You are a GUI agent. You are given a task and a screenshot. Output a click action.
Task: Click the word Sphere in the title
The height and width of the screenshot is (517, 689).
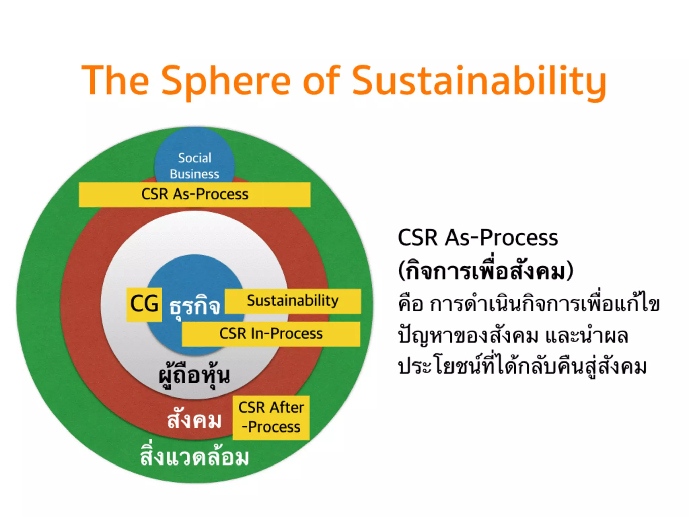(x=226, y=81)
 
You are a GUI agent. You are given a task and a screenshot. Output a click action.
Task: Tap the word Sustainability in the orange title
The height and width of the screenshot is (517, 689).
(x=479, y=81)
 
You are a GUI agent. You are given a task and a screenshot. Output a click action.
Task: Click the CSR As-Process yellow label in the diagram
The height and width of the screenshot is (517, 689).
(x=194, y=195)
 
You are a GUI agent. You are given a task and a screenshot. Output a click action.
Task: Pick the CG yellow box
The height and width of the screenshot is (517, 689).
(x=144, y=304)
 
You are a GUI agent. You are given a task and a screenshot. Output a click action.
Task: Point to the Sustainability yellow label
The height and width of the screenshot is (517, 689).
(x=293, y=301)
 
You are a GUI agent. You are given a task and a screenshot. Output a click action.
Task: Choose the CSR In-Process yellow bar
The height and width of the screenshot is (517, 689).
(x=271, y=334)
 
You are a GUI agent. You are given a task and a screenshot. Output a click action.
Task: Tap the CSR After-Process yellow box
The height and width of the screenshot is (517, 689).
(x=271, y=417)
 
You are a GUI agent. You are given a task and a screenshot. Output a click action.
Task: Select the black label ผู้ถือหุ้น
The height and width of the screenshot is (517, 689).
(x=194, y=375)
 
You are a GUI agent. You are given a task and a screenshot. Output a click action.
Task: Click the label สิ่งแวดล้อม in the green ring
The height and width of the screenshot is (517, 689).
(x=194, y=457)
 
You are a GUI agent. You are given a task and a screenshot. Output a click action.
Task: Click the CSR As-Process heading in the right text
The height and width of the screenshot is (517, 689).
(x=478, y=238)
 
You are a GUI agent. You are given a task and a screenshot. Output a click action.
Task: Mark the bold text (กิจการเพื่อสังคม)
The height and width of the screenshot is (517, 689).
(x=485, y=271)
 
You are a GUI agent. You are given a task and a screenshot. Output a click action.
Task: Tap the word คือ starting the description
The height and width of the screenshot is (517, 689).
(x=410, y=304)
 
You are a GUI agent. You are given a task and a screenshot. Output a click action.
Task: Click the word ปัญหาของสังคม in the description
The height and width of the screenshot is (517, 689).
(x=468, y=336)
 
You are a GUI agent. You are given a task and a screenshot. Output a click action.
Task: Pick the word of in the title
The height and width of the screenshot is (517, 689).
(x=322, y=81)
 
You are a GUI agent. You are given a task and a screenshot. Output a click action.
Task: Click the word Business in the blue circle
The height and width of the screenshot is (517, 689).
(x=194, y=174)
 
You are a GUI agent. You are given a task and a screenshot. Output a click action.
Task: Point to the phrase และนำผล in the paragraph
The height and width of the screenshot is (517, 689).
(x=587, y=336)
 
